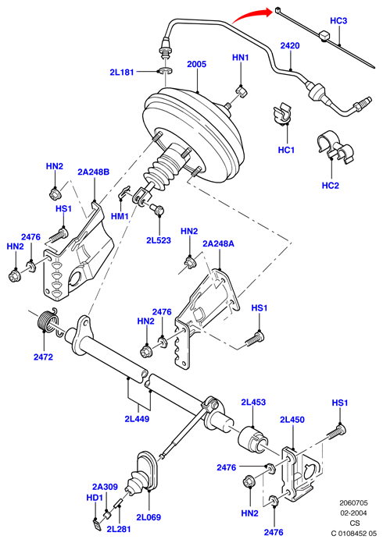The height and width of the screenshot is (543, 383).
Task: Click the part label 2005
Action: pos(196,64)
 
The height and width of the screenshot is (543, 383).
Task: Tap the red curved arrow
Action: pos(250,15)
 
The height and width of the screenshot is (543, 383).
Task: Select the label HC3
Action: pos(338,20)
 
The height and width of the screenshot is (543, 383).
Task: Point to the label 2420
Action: pos(290,45)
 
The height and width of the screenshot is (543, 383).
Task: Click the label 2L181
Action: pos(122,73)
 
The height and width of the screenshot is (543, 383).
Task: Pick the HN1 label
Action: pos(241,57)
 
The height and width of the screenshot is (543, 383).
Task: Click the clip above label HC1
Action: pos(282,114)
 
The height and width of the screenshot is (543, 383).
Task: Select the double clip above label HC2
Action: pos(335,147)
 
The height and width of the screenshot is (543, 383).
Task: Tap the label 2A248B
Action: pos(93,172)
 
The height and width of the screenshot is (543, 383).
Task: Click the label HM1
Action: pos(120,216)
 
